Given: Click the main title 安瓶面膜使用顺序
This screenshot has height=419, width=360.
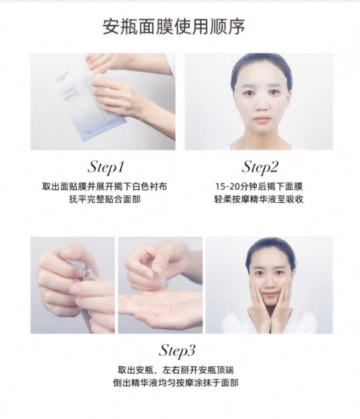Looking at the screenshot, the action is click(174, 26).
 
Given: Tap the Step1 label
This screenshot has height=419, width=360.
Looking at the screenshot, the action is click(106, 168).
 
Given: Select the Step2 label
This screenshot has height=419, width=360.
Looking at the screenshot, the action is click(260, 168).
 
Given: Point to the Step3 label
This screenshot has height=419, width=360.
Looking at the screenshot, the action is click(177, 351).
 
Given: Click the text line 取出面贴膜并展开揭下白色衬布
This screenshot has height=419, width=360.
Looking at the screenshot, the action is click(105, 187).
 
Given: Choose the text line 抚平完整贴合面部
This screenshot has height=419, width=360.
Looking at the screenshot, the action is click(105, 200).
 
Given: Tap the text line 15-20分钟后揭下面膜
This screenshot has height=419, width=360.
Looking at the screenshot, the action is click(259, 187).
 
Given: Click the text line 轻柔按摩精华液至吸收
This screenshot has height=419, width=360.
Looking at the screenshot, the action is click(259, 200).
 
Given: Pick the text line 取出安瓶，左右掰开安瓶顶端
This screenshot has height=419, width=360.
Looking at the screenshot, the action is click(176, 371).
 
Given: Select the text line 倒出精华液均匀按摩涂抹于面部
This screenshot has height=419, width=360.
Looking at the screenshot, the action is click(176, 383).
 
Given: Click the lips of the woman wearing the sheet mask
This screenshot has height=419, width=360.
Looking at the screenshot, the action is click(261, 119).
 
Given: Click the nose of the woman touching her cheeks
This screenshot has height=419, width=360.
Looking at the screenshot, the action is click(269, 284).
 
